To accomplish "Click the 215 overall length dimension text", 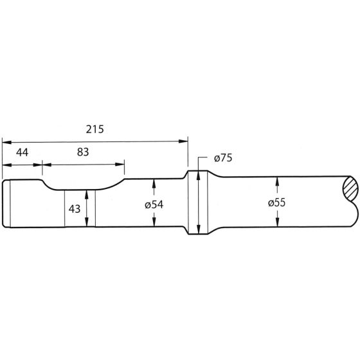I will (x=95, y=129).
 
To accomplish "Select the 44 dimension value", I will (x=22, y=152).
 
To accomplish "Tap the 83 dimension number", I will (x=82, y=152).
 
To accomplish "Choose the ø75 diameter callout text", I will (x=221, y=158).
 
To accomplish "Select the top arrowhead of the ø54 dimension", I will (x=154, y=183).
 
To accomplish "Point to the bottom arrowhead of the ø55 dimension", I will (x=276, y=222).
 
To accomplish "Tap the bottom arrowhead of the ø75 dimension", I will (x=199, y=230).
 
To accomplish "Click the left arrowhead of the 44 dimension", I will (x=6, y=164).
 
